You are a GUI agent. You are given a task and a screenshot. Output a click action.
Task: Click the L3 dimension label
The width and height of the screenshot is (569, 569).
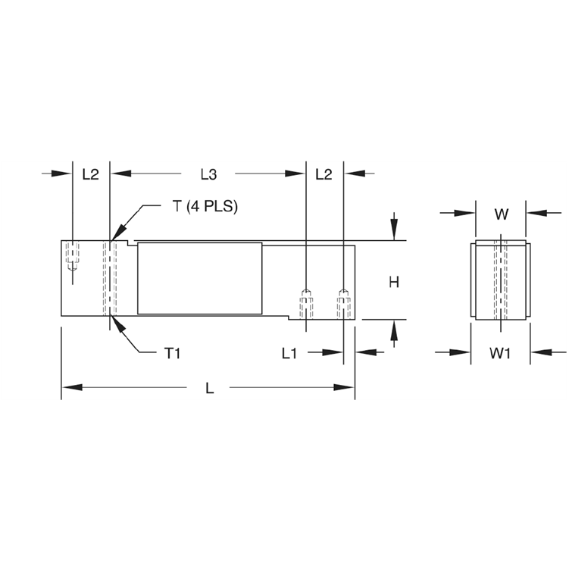click(x=208, y=174)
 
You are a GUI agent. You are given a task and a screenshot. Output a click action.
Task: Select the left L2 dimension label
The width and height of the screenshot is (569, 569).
click(x=90, y=174)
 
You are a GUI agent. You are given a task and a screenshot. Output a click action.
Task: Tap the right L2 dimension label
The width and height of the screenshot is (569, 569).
click(x=324, y=174)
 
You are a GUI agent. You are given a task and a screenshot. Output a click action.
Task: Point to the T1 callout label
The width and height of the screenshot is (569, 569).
click(x=172, y=352)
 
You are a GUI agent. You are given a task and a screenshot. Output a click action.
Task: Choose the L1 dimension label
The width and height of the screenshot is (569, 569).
click(x=289, y=352)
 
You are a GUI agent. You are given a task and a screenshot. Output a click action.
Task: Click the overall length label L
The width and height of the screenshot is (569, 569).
click(x=210, y=388)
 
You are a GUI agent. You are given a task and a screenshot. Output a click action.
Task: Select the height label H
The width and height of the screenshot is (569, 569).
click(x=394, y=283)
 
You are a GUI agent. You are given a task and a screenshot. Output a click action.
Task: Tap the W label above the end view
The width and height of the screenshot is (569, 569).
click(x=501, y=214)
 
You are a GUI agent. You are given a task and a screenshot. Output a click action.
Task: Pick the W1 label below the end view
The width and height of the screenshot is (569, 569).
click(x=501, y=352)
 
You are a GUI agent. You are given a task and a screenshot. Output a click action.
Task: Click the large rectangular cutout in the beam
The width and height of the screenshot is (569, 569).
click(x=199, y=278)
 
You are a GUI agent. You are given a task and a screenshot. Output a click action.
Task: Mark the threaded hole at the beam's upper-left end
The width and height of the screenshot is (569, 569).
click(x=72, y=256)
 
